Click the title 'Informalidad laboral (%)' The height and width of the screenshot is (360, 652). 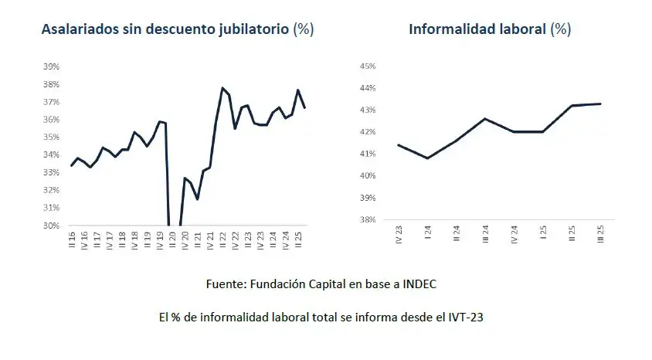[x=489, y=29]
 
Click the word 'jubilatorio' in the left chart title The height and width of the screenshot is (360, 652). [x=249, y=29]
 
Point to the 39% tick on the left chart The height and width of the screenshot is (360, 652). [x=51, y=66]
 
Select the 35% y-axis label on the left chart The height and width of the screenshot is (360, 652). [x=51, y=138]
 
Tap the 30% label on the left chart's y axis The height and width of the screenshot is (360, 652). [x=51, y=226]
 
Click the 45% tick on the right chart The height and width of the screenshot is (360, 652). [x=367, y=66]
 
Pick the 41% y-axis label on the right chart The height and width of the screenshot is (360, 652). [x=367, y=154]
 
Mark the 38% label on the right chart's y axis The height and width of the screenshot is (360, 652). [x=367, y=219]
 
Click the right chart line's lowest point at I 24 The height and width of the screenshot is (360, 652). [x=427, y=158]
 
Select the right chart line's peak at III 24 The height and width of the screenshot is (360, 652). [x=485, y=118]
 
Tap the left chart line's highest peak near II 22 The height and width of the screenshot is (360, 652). [x=222, y=88]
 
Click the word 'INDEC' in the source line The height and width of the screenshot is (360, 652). [x=419, y=284]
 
